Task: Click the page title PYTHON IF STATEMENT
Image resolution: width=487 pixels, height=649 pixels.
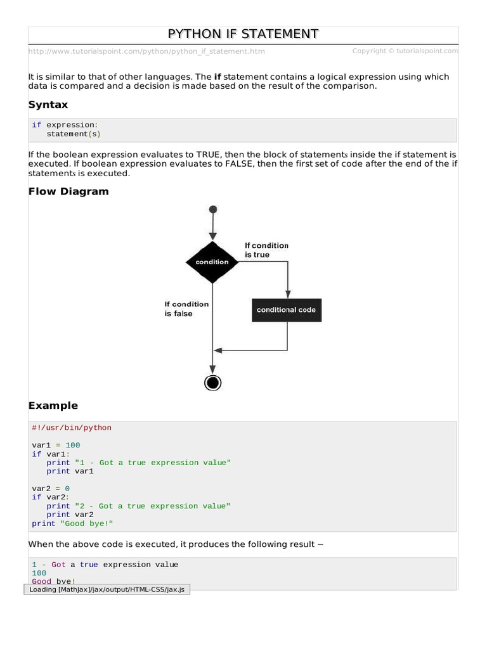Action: [243, 34]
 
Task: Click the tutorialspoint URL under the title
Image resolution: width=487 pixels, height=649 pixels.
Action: [146, 51]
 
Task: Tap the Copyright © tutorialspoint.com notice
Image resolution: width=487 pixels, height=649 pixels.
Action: [405, 51]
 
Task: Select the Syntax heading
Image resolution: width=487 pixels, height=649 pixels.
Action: [48, 105]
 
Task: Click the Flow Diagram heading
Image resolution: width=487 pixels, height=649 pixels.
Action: [68, 191]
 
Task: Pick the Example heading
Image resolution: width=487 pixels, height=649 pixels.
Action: [53, 406]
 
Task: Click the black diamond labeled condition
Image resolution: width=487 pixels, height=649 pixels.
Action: [212, 262]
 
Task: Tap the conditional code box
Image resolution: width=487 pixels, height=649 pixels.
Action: [286, 310]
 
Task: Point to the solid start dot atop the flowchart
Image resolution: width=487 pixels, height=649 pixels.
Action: [213, 209]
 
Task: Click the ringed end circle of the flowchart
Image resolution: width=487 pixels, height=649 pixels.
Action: [213, 382]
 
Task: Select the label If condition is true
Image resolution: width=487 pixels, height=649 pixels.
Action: [266, 250]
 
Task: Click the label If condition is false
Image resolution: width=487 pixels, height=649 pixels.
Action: [186, 309]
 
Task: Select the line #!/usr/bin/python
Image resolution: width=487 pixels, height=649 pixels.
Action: [72, 428]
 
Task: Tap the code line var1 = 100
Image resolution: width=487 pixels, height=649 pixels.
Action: [56, 445]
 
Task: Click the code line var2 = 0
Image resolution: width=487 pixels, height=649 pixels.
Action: [51, 489]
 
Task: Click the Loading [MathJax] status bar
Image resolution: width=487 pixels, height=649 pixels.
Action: [107, 589]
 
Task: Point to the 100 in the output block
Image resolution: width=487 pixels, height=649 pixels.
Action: [39, 573]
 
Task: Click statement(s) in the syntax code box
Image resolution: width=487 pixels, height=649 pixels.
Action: [74, 134]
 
